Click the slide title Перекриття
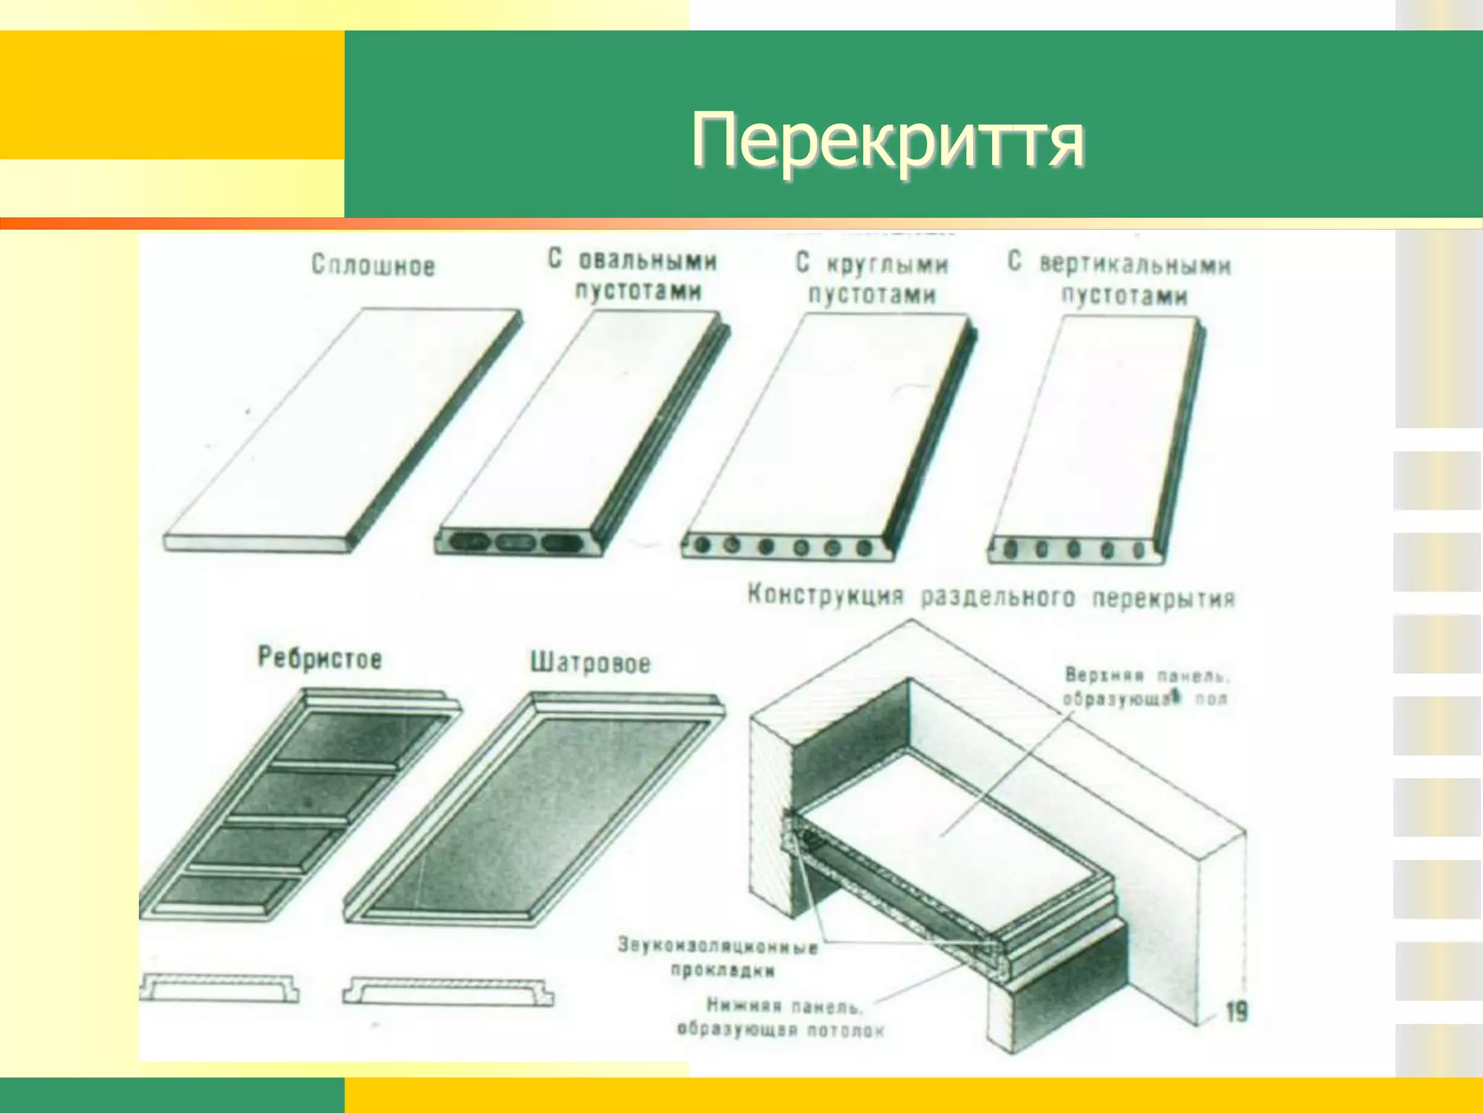tap(887, 140)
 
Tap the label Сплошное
tap(373, 265)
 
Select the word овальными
tap(647, 260)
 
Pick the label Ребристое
tap(319, 658)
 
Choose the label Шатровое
tap(590, 662)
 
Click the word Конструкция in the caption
tap(825, 596)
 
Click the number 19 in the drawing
tap(1237, 1012)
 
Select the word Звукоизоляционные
tap(717, 946)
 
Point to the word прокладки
tap(722, 970)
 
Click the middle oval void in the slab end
tap(515, 542)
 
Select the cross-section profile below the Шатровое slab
tap(448, 991)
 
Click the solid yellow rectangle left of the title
tap(172, 94)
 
